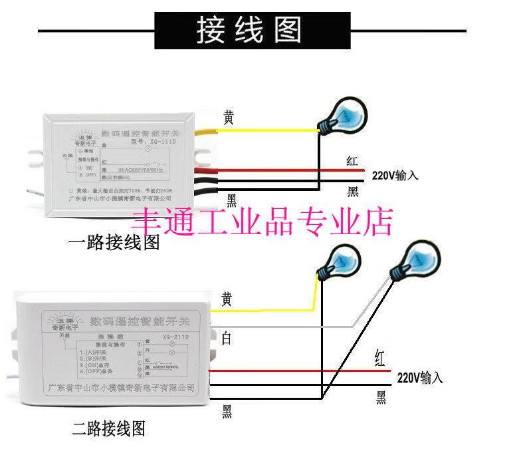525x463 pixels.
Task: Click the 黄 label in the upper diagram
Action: tap(228, 118)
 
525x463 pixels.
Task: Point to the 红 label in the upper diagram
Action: tap(353, 161)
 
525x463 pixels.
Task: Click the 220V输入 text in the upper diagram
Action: tap(395, 176)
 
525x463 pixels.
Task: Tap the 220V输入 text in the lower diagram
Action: tap(419, 378)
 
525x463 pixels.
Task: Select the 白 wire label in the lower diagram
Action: tap(227, 339)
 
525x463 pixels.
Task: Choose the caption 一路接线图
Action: tap(114, 242)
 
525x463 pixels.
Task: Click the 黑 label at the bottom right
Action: tap(381, 398)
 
